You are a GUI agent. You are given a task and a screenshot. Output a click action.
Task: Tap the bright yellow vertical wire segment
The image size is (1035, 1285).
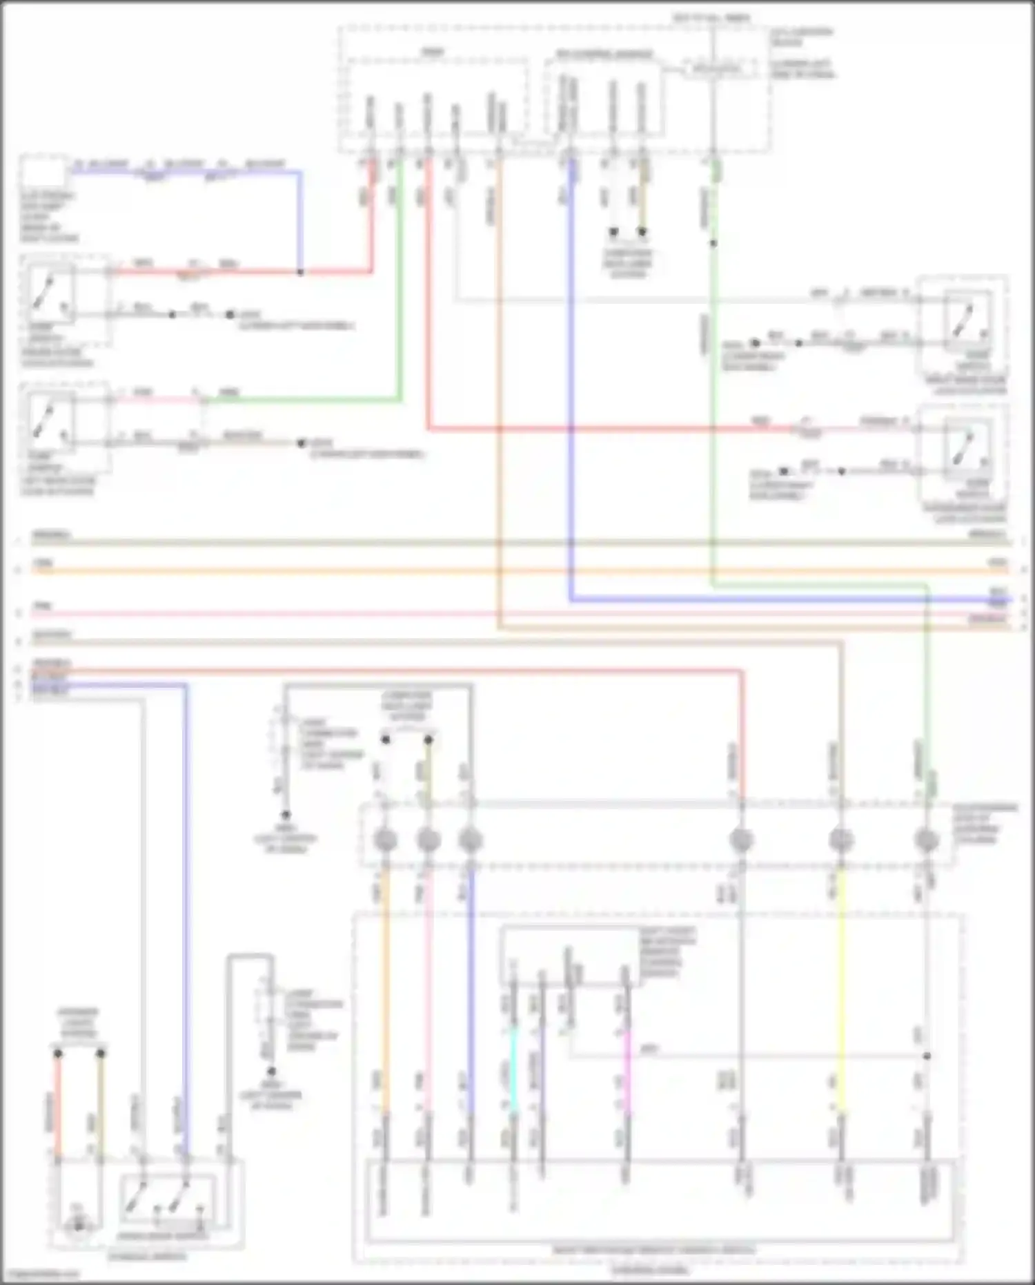[x=840, y=987]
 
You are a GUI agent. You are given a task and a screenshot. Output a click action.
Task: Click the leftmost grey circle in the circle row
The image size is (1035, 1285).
[x=385, y=840]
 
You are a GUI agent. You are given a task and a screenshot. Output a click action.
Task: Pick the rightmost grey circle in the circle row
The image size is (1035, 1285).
[x=926, y=840]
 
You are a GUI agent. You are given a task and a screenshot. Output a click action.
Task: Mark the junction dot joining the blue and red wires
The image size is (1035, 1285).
[x=300, y=272]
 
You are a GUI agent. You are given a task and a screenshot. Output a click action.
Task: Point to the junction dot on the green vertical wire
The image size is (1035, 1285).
[x=713, y=243]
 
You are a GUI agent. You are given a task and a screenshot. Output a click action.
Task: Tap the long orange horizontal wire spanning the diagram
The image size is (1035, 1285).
[x=483, y=571]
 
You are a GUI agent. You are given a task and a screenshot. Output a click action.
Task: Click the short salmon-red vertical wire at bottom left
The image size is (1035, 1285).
[x=58, y=1105]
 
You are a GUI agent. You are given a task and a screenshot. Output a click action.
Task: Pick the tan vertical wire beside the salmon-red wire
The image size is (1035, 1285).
[x=101, y=1105]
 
